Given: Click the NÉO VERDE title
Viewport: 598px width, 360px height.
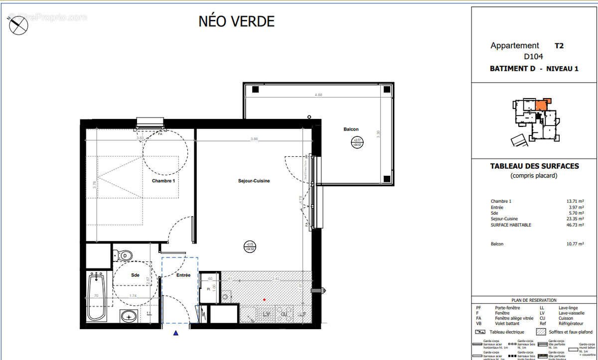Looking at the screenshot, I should pyautogui.click(x=236, y=21).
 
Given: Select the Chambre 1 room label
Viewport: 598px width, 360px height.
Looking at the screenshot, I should pyautogui.click(x=163, y=181).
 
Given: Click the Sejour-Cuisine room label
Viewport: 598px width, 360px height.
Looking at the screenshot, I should pyautogui.click(x=254, y=181).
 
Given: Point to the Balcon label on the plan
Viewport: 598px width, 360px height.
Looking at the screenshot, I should pyautogui.click(x=351, y=129).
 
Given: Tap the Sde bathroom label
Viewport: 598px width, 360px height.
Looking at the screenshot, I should pyautogui.click(x=136, y=275).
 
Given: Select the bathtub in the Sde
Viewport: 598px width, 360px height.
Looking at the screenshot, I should pyautogui.click(x=97, y=297).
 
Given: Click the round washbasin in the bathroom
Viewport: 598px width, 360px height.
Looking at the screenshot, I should pyautogui.click(x=130, y=315).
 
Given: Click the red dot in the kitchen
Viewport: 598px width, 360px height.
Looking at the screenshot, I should pyautogui.click(x=265, y=300).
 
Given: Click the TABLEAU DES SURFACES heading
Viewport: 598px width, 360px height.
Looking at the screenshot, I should pyautogui.click(x=535, y=166).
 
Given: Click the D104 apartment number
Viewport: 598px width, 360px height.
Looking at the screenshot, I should pyautogui.click(x=533, y=57).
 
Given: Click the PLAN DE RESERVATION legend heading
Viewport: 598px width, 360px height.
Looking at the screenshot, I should pyautogui.click(x=534, y=300).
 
